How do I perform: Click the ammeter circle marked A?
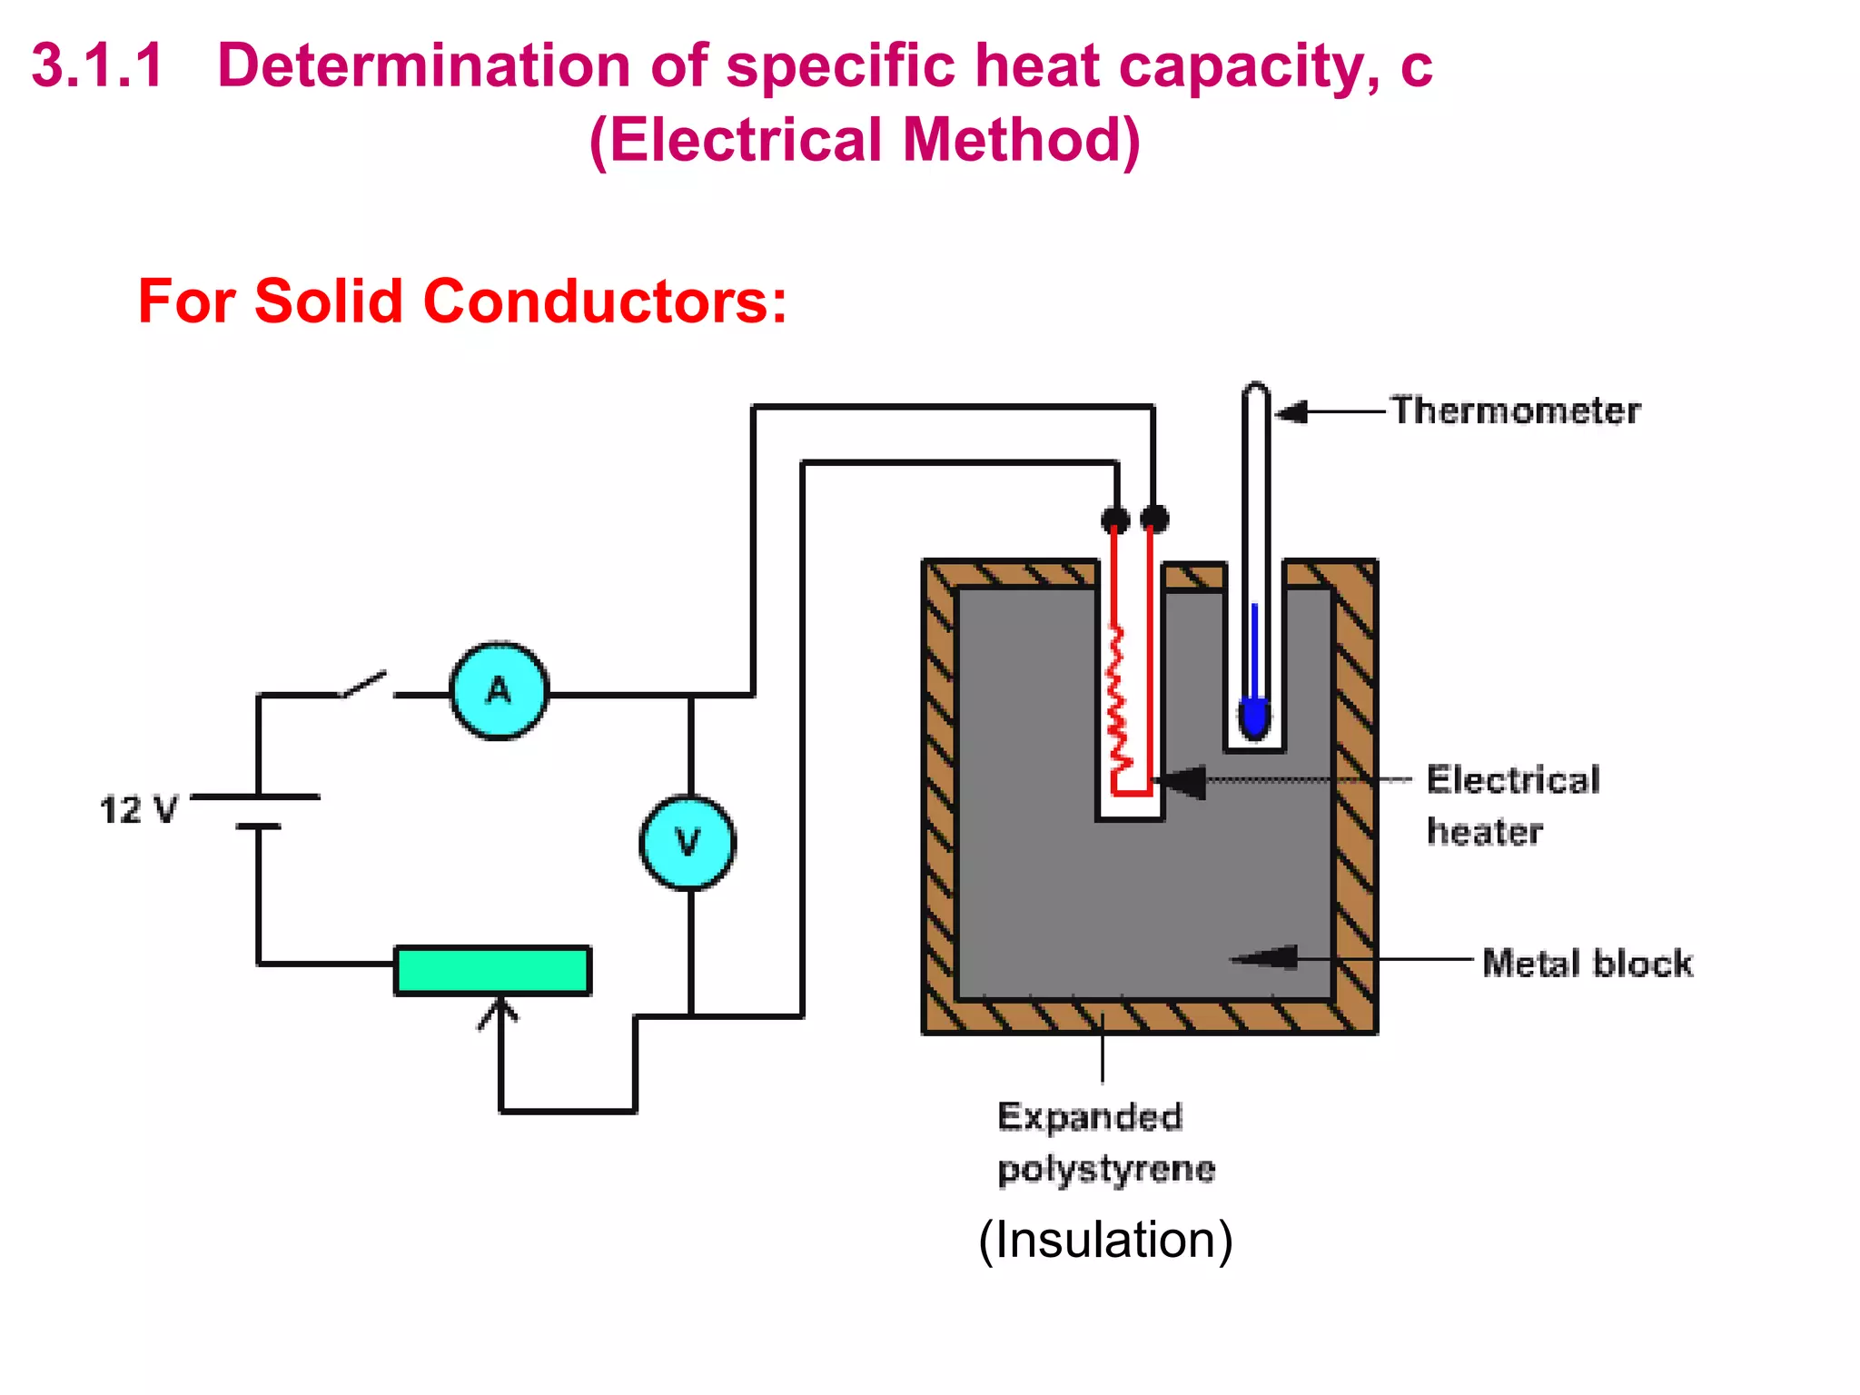pos(499,691)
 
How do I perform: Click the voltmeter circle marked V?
pos(688,842)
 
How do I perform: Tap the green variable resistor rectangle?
pos(492,970)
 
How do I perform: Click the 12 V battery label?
pos(138,809)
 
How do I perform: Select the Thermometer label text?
pos(1515,411)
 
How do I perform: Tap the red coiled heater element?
pos(1118,699)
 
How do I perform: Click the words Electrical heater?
pos(1511,805)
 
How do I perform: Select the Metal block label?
pos(1587,963)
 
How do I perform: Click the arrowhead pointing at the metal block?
pos(1267,957)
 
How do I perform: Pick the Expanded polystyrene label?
pos(1104,1143)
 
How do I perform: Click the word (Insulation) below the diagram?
pos(1105,1240)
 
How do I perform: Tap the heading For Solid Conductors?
pos(462,301)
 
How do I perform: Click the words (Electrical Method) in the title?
pos(864,140)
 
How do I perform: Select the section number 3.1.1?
pos(97,65)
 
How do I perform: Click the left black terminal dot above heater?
pos(1115,519)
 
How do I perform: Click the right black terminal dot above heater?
pos(1154,519)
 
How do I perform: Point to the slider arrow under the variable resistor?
pos(499,1014)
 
